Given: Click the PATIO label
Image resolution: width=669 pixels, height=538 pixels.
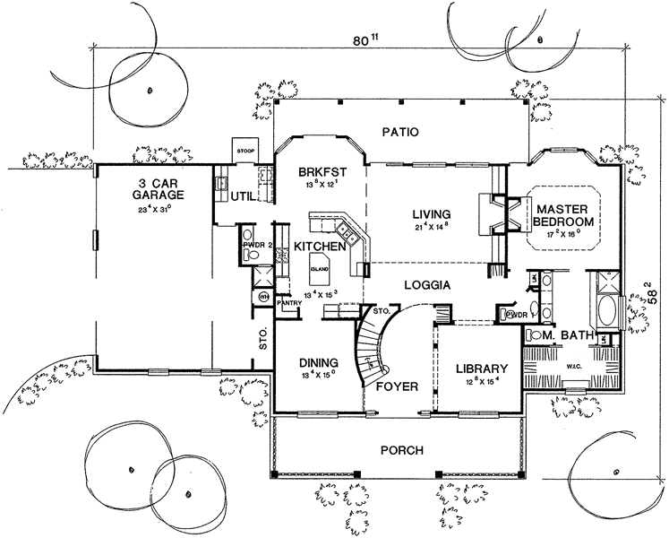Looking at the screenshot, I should coord(400,132).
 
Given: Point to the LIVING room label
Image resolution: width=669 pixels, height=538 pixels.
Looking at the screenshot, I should coord(430,214).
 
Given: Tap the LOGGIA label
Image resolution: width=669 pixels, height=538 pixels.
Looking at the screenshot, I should coord(427,284).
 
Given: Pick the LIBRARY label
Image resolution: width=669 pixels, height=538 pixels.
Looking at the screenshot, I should coord(482,369).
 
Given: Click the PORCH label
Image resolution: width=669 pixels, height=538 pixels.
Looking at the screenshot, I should coord(399,450).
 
